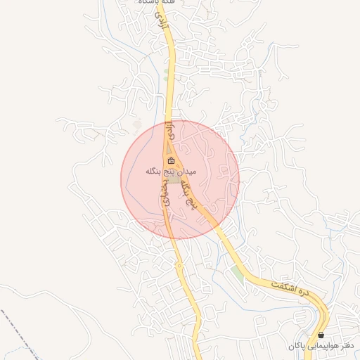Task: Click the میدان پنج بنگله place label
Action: pyautogui.click(x=171, y=171)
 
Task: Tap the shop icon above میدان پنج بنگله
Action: pyautogui.click(x=171, y=161)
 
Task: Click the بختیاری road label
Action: pyautogui.click(x=166, y=191)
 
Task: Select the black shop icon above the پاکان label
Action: pyautogui.click(x=321, y=335)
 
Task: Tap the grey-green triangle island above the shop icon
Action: pyautogui.click(x=170, y=150)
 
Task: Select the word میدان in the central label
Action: pyautogui.click(x=184, y=171)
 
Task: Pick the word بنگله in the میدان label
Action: pyautogui.click(x=154, y=171)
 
